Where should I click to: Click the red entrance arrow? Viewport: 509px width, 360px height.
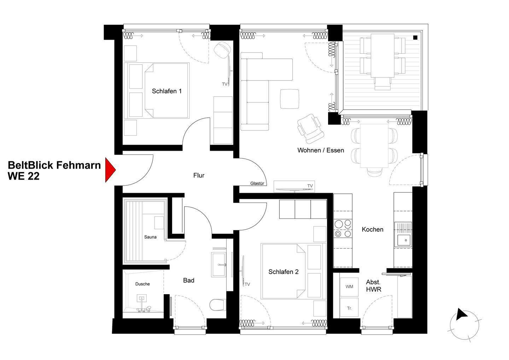click(x=110, y=170)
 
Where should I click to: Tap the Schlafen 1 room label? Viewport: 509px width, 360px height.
click(x=166, y=91)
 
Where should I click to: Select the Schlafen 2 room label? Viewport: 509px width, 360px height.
click(x=283, y=272)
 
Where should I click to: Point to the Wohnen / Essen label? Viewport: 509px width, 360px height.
click(x=321, y=150)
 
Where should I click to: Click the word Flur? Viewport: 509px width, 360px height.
click(x=199, y=175)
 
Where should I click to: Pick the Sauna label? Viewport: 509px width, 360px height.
click(x=150, y=237)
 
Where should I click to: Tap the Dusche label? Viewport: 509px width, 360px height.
click(x=142, y=284)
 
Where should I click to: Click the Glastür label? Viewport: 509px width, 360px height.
click(x=257, y=184)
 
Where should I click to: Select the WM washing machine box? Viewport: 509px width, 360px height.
click(x=349, y=287)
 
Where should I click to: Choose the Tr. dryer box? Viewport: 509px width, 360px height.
click(x=349, y=308)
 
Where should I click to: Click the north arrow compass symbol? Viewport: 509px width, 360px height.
click(x=464, y=325)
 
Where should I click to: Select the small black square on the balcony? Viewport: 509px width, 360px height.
click(x=415, y=38)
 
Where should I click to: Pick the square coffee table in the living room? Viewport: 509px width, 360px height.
click(x=289, y=99)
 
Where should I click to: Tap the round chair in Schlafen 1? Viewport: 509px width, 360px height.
click(x=222, y=50)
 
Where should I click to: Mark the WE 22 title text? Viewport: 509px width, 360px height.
click(x=24, y=176)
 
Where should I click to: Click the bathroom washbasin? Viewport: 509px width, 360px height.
click(x=218, y=265)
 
